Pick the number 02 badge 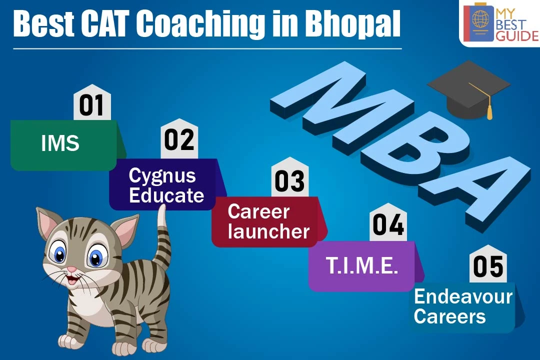click(179, 139)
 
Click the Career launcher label click(268, 221)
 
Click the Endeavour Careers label click(463, 307)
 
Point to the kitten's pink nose click(71, 269)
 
